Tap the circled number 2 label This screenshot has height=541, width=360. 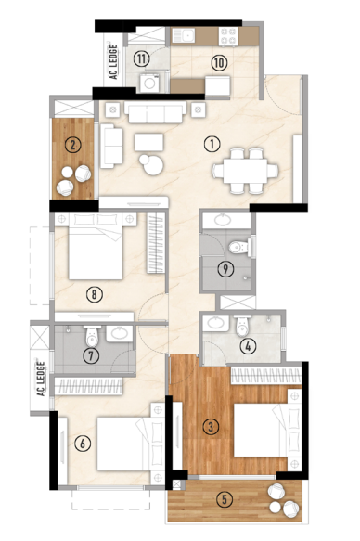point(71,144)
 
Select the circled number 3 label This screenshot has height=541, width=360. point(212,426)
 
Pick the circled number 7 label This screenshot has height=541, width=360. point(90,354)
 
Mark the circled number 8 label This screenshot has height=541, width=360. point(93,295)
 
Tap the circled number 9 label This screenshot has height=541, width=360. point(225,270)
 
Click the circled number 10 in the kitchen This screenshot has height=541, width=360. point(218,62)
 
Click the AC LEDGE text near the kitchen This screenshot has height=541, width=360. point(113,63)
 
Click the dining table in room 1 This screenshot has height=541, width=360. point(245,169)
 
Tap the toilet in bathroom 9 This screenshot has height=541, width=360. point(240,247)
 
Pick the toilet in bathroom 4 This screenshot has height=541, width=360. point(242,326)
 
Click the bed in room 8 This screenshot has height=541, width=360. point(95,249)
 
